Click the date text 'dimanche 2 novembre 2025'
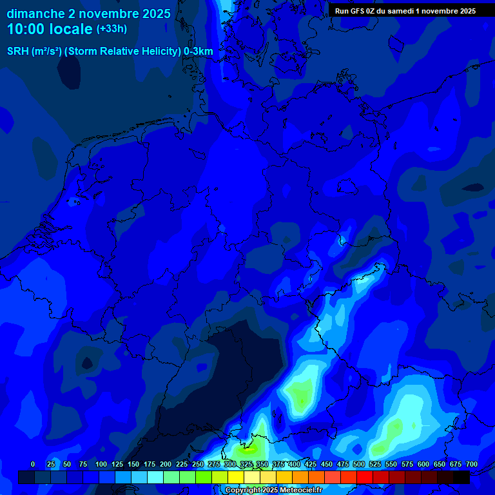[x=88, y=14]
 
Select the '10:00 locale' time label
[x=50, y=29]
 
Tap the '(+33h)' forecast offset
[x=112, y=29]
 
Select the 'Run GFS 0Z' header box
[x=405, y=11]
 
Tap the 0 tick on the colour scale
[x=33, y=464]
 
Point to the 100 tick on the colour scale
[x=101, y=464]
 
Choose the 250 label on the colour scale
[x=198, y=464]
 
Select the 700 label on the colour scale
[x=471, y=464]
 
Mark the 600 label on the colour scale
[x=423, y=464]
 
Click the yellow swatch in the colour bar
[x=236, y=477]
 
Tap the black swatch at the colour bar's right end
[x=461, y=477]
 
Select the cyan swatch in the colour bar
[x=155, y=477]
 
